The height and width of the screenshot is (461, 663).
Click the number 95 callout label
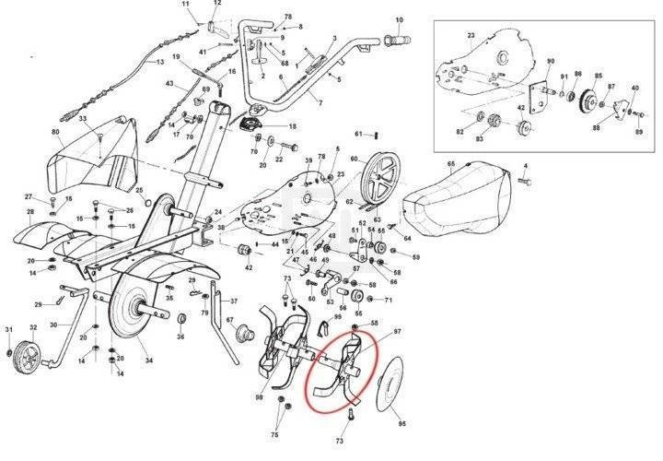click(x=401, y=424)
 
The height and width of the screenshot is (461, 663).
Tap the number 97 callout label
click(x=398, y=330)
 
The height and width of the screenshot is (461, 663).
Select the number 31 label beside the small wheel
click(x=9, y=329)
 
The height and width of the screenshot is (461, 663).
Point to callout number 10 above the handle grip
click(x=399, y=18)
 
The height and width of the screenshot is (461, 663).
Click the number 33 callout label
click(x=83, y=120)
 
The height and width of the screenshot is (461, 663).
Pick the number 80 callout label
click(x=56, y=133)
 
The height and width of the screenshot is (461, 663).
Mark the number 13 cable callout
click(x=159, y=62)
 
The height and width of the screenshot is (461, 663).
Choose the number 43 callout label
click(x=169, y=84)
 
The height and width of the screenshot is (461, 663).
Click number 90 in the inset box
click(x=551, y=62)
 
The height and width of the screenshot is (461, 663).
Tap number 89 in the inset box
click(x=637, y=135)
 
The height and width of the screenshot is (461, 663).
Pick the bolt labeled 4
click(x=525, y=183)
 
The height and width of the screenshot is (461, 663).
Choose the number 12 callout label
click(x=217, y=4)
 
